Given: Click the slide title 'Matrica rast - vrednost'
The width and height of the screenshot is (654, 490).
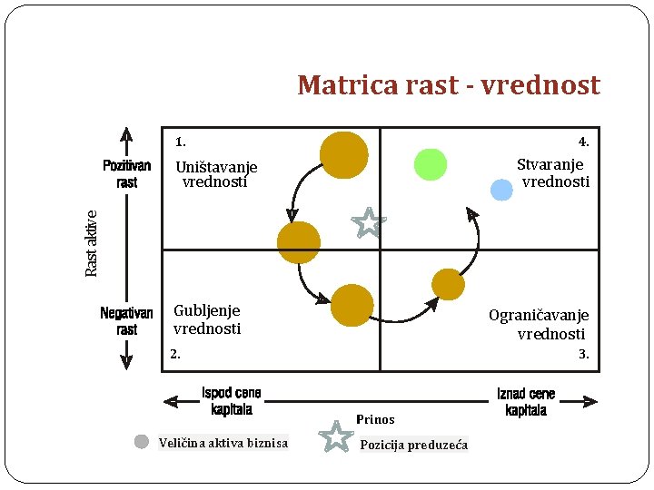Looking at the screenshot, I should (x=448, y=85).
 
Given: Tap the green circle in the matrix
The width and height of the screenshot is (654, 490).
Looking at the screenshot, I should (x=431, y=164).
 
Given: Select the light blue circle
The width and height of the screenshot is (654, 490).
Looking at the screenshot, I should (x=501, y=190).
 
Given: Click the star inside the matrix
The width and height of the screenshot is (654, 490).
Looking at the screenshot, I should (x=369, y=222).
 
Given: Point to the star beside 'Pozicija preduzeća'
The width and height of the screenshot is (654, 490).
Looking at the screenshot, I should (x=337, y=436).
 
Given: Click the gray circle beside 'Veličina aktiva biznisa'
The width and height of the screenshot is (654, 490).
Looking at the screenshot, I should (x=142, y=442).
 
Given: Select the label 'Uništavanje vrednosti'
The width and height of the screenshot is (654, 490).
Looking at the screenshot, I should (x=216, y=174).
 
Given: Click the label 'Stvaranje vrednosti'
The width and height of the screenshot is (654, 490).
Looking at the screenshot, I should (x=552, y=173).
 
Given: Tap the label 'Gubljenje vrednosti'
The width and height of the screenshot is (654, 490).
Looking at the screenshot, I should (x=207, y=319).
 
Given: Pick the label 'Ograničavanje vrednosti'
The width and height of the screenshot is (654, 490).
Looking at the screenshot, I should (x=540, y=324).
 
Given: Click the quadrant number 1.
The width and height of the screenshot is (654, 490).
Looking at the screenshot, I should (x=181, y=142).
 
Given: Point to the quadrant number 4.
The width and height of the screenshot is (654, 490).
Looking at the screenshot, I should (x=584, y=142).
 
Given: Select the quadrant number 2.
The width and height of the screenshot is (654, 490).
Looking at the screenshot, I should (x=175, y=354).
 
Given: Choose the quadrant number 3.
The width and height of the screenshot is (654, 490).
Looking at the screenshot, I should (x=584, y=354).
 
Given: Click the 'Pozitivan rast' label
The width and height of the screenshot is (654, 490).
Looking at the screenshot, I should (x=127, y=174).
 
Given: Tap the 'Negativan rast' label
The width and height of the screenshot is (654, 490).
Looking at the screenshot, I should (x=126, y=321).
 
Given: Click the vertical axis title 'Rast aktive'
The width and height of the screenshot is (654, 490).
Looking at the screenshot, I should (x=92, y=243).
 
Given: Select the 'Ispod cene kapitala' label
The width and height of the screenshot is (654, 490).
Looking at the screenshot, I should (x=232, y=401).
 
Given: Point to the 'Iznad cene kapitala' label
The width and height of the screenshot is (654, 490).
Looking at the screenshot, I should (x=526, y=402).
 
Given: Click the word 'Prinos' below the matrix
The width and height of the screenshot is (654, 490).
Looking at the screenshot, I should (x=375, y=419).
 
